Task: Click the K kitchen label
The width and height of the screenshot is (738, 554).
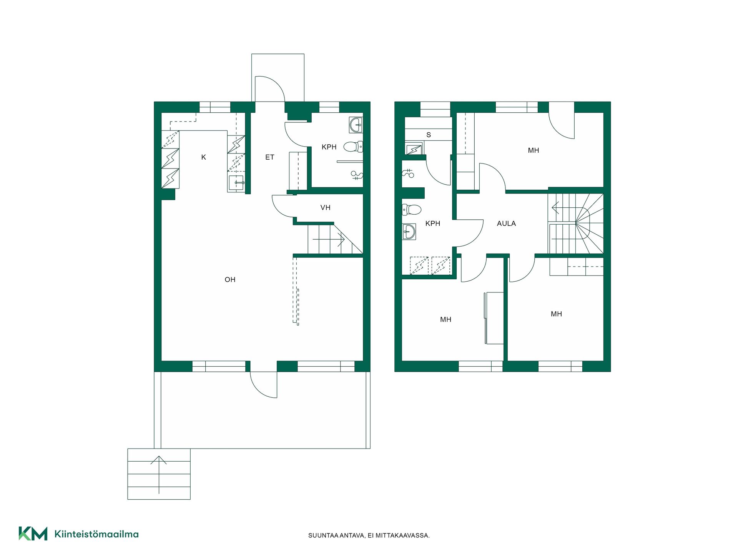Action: point(204,157)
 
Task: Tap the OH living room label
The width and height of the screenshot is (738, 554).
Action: point(230,280)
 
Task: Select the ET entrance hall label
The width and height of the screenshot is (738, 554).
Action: point(269,157)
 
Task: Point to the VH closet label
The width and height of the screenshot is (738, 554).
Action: point(325,208)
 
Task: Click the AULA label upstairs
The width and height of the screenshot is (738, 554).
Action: point(506,224)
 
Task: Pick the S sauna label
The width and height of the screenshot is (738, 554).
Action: point(429,135)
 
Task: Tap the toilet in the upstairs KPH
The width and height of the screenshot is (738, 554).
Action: point(412,210)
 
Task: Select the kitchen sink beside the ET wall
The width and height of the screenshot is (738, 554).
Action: point(236,183)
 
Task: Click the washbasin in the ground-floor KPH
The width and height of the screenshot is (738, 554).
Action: point(356,125)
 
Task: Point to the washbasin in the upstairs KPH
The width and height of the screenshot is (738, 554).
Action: point(409,232)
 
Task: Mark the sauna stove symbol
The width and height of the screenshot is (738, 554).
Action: point(414,149)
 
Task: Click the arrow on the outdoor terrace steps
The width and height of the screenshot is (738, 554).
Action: point(159,475)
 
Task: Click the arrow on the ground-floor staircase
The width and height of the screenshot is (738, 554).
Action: point(329,240)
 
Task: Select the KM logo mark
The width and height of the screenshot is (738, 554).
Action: point(33,534)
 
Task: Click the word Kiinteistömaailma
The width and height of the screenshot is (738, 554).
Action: point(96,534)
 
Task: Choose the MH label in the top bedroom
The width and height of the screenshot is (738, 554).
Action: point(534,150)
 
